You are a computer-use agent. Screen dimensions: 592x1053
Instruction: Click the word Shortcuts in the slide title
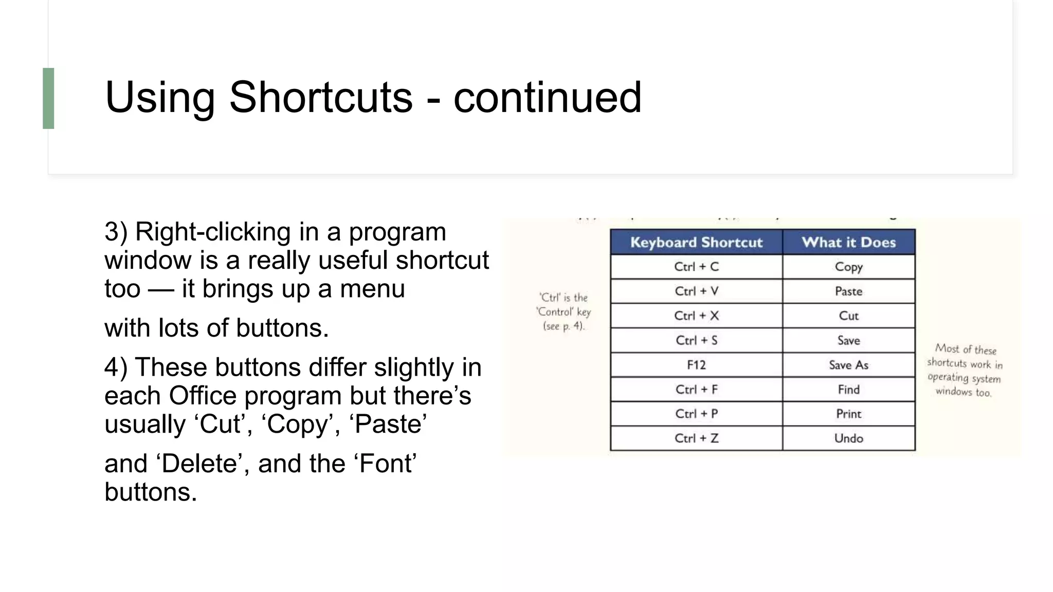pyautogui.click(x=320, y=97)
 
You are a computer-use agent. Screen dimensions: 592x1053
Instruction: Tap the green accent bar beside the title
pyautogui.click(x=48, y=98)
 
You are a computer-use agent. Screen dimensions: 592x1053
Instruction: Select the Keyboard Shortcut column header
pyautogui.click(x=696, y=243)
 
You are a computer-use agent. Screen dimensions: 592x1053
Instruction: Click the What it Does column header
pyautogui.click(x=848, y=243)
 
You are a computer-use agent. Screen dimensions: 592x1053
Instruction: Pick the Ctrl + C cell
pyautogui.click(x=696, y=267)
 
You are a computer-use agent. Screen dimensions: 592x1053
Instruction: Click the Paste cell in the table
pyautogui.click(x=848, y=291)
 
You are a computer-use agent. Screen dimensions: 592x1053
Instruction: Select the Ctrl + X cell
pyautogui.click(x=696, y=316)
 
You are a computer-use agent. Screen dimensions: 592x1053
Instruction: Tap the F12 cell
pyautogui.click(x=696, y=365)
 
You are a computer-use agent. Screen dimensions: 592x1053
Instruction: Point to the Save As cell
pyautogui.click(x=848, y=365)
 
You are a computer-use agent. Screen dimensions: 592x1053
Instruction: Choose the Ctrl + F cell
pyautogui.click(x=696, y=390)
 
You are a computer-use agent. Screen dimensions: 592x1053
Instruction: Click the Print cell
pyautogui.click(x=848, y=414)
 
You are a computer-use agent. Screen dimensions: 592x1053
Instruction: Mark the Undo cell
pyautogui.click(x=848, y=438)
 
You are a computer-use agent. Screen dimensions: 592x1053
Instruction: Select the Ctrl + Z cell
pyautogui.click(x=696, y=438)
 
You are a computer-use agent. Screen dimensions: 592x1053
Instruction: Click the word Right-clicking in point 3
pyautogui.click(x=212, y=232)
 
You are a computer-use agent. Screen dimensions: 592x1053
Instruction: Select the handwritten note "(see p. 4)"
pyautogui.click(x=564, y=326)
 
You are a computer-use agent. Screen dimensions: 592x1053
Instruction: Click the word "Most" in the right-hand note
pyautogui.click(x=947, y=348)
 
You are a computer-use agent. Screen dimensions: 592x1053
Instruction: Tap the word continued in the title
pyautogui.click(x=547, y=97)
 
